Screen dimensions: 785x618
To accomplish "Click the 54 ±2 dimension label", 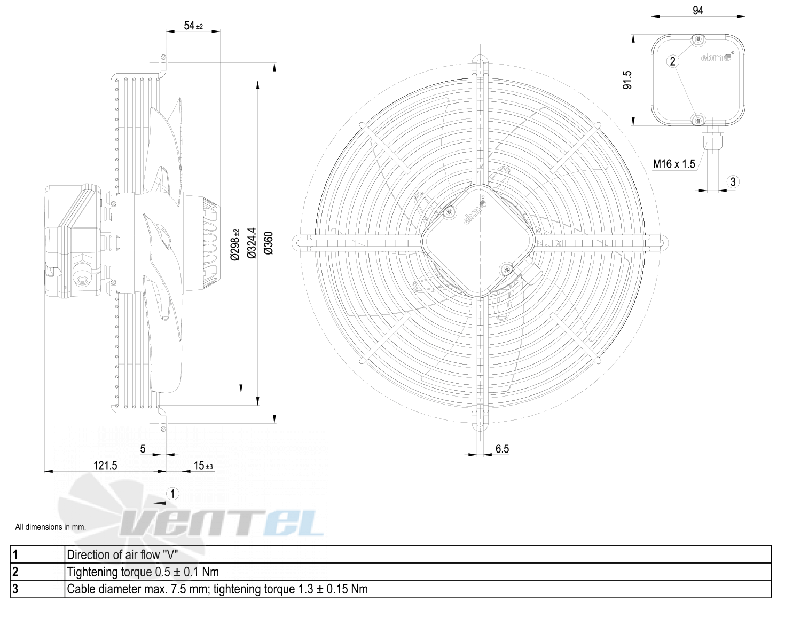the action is [193, 26].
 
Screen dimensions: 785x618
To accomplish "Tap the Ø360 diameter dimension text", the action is [269, 243].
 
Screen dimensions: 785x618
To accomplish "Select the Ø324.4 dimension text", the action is [252, 243].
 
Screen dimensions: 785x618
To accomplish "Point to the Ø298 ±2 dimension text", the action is [236, 244].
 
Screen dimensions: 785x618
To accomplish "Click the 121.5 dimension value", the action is [105, 465].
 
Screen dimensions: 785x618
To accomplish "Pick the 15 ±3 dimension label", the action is [203, 465].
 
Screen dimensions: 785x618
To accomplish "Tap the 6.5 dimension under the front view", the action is [502, 449].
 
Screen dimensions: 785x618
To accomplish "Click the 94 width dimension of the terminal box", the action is [698, 11].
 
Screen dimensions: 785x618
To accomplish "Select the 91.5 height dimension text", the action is [627, 80].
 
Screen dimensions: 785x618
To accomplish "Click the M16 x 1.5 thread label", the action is [674, 164].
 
